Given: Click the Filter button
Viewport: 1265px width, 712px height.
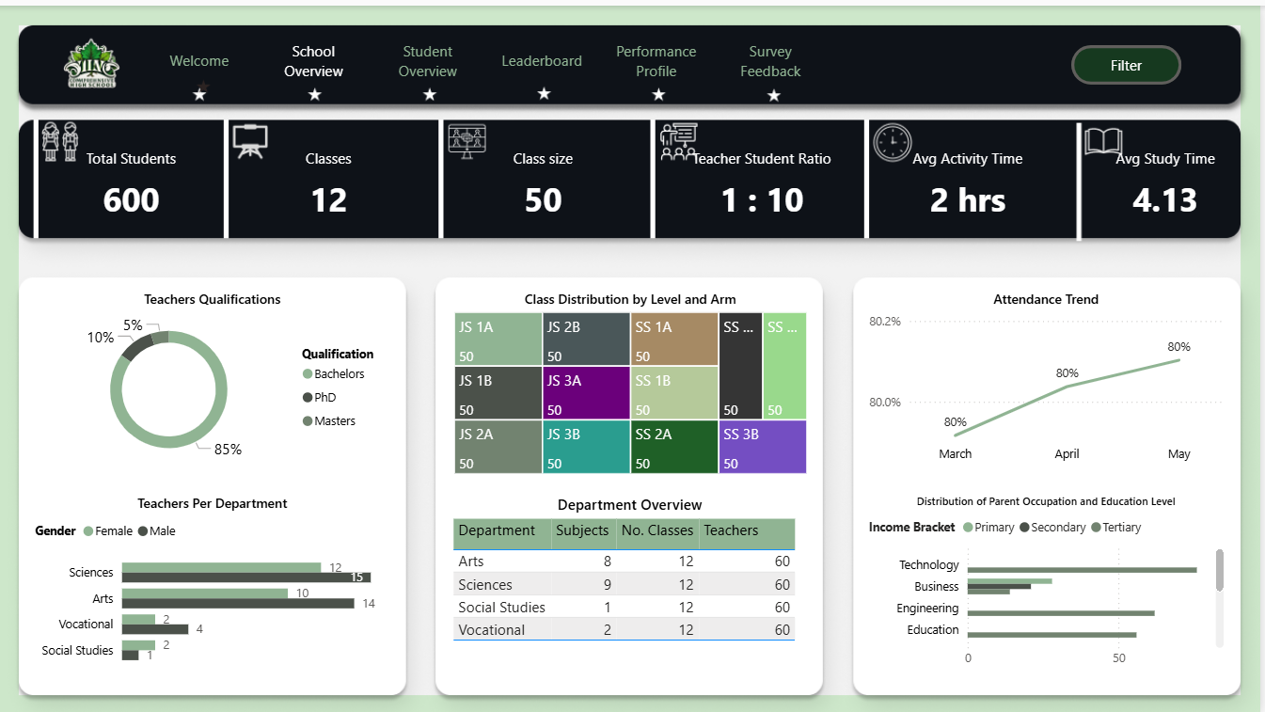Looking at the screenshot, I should click(1126, 65).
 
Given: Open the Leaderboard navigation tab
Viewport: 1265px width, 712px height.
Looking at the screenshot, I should click(541, 61).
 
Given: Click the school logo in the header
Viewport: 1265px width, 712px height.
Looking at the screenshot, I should click(91, 64).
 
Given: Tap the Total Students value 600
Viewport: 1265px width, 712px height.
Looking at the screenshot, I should click(131, 200).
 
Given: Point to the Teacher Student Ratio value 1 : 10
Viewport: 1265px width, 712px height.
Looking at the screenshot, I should click(762, 200).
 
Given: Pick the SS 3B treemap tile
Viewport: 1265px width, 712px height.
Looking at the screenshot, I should click(762, 447).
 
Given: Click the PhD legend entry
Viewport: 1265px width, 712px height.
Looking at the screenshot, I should click(324, 398).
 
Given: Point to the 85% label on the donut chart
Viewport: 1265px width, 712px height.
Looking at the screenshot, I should click(228, 450).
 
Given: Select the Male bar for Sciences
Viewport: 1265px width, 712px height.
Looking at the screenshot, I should click(246, 578).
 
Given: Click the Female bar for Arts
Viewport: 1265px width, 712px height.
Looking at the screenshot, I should click(204, 593).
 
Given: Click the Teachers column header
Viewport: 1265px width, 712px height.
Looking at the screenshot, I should click(731, 530).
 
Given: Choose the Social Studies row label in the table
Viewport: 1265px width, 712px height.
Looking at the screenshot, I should click(501, 608).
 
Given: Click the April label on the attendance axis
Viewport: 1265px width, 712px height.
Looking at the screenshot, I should click(1067, 454).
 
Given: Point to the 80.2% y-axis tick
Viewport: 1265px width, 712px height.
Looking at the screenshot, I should click(884, 322).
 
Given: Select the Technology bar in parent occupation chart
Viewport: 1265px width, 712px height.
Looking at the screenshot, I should click(1082, 570).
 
